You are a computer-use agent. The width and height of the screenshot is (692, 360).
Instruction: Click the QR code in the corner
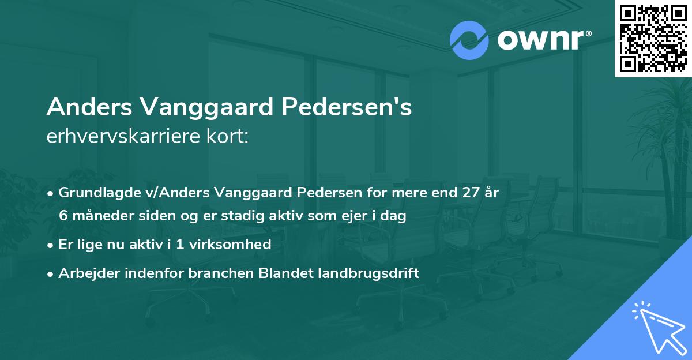click(x=653, y=38)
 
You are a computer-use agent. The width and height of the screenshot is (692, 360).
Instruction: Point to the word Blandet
click(x=280, y=273)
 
